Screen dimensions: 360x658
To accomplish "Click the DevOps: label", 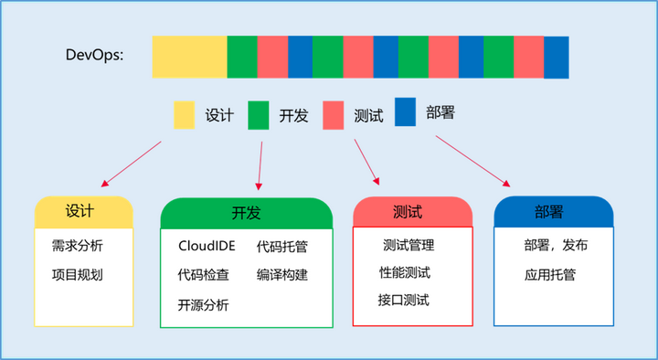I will [95, 56].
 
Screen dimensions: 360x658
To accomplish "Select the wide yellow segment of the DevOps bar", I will [189, 56].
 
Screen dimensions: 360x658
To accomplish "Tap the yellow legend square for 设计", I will [185, 116].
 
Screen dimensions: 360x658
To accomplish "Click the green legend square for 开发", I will [259, 116].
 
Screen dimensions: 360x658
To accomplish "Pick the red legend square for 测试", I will [333, 116].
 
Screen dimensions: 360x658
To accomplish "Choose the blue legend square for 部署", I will [405, 111].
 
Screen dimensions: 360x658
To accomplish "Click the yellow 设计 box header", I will [83, 211].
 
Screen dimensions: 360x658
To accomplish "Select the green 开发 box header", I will [246, 213].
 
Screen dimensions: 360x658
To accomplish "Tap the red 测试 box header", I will [412, 211].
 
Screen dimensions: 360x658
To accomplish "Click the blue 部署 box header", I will [553, 211].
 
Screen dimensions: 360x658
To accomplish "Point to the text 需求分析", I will [78, 246].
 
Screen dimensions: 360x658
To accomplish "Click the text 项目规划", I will [78, 275].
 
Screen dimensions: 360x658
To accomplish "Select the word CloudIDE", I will [207, 246].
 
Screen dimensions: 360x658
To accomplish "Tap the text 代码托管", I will [282, 246].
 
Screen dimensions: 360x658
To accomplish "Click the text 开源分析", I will [204, 304].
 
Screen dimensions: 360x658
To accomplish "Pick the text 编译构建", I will [282, 275].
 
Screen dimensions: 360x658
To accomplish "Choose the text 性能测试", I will [404, 272].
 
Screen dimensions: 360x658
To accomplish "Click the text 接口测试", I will [404, 300].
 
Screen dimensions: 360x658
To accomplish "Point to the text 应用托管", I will [550, 274].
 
